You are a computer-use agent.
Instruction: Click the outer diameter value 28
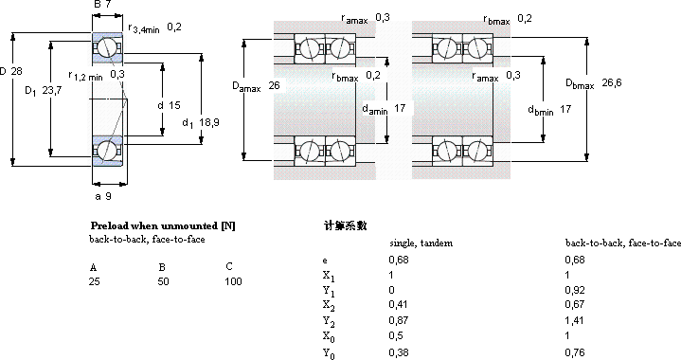(16, 71)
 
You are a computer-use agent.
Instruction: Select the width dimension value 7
(108, 5)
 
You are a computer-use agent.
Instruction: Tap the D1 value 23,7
(52, 90)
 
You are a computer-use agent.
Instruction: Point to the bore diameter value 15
(174, 105)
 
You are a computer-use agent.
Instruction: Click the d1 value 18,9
(209, 122)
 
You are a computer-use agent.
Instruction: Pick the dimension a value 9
(108, 196)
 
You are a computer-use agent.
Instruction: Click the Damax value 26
(274, 85)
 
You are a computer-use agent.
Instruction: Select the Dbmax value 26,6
(612, 82)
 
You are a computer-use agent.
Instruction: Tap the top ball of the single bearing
(105, 47)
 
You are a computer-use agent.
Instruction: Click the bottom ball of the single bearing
(105, 150)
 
